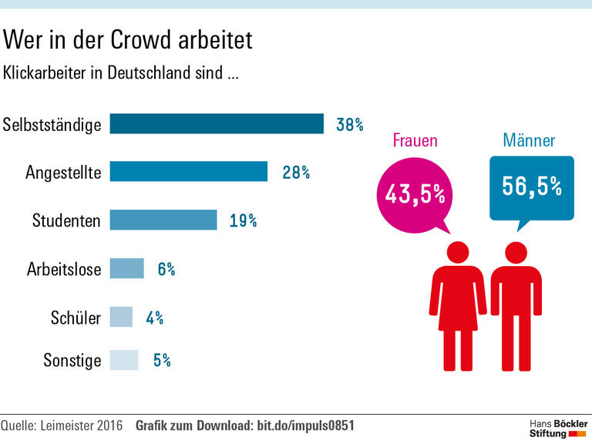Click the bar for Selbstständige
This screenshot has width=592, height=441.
tap(217, 123)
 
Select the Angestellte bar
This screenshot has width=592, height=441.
tap(188, 171)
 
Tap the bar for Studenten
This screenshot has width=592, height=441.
tap(163, 220)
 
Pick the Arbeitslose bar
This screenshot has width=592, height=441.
tap(126, 268)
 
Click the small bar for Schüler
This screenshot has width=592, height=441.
tap(121, 317)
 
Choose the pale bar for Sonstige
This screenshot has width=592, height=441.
tap(123, 360)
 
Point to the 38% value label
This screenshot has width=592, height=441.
tap(349, 124)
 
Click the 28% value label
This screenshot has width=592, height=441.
tap(296, 172)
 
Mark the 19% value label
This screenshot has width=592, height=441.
tap(243, 220)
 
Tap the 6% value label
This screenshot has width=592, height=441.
tap(166, 269)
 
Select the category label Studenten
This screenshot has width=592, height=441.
tap(66, 220)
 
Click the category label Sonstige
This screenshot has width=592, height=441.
tap(72, 360)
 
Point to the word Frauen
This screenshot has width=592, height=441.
tap(415, 140)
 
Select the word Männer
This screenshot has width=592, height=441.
tap(529, 140)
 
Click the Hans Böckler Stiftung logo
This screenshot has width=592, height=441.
tap(557, 429)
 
